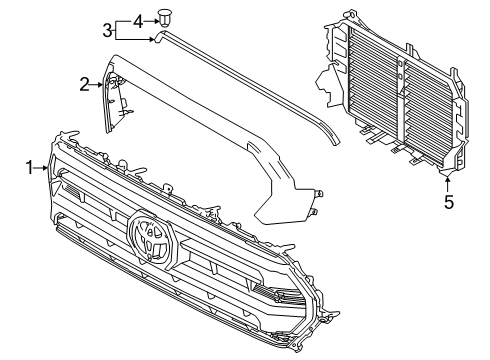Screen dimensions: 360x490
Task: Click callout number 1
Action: point(31,168)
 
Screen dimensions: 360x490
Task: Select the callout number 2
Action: point(86,86)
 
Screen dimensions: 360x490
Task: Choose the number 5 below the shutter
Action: point(449,202)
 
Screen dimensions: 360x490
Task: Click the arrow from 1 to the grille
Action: point(42,168)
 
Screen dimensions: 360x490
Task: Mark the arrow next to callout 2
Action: point(97,86)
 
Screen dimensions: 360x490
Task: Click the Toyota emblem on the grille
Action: point(152,238)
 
